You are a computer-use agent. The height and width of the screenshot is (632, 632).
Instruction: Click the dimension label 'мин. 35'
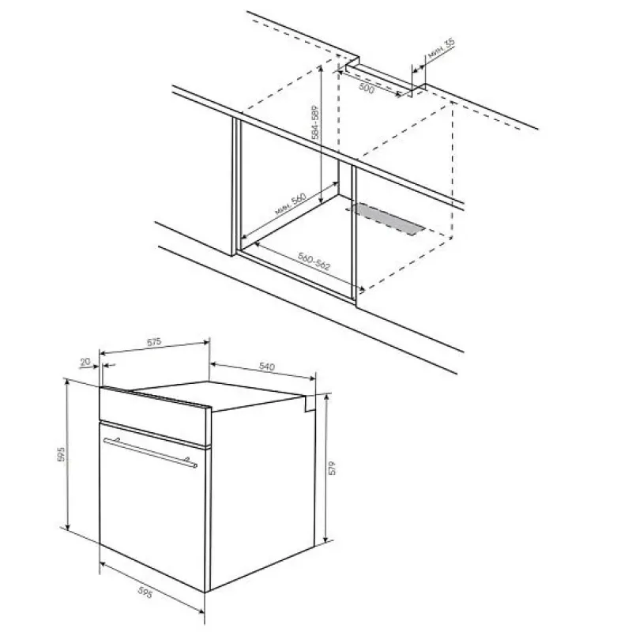pos(442,49)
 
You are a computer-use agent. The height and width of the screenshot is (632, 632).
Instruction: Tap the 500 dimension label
pos(367,88)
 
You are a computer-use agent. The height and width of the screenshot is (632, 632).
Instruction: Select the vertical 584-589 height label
pos(315,122)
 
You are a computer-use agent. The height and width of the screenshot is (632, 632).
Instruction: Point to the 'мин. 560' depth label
pos(291,204)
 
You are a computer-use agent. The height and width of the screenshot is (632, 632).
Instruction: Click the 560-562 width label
pos(314,261)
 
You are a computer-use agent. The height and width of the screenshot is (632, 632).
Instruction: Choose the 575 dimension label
pos(154,342)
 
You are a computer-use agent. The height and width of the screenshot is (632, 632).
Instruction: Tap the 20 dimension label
pos(85,362)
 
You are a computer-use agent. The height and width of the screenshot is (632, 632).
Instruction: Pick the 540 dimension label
pos(267,367)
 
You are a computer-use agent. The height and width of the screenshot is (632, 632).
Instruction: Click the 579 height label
pos(332,468)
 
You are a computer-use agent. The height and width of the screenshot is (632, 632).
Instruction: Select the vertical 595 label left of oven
pos(62,453)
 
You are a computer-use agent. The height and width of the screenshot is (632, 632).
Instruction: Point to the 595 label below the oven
pos(145,592)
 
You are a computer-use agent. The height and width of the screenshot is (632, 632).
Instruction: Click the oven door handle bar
pos(150,452)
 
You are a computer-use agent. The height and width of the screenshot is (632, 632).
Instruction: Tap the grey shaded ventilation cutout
pos(388,220)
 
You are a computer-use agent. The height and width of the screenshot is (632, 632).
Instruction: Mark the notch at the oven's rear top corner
pos(310,404)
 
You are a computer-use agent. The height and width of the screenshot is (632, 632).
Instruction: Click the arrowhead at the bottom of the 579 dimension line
pos(326,540)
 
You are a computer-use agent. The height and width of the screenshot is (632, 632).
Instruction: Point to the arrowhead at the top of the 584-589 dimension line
pos(321,69)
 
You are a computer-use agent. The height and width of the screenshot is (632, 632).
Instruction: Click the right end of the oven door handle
pos(195,465)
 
